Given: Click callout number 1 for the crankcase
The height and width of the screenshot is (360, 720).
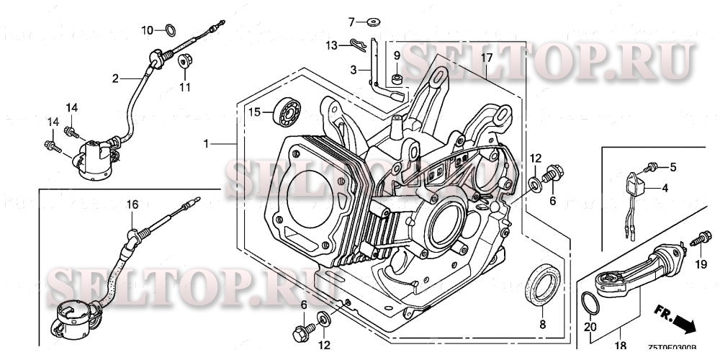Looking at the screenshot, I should [206, 144].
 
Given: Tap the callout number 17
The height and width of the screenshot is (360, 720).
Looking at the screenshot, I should [487, 57].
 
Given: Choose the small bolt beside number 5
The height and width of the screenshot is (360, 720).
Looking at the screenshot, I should [652, 168].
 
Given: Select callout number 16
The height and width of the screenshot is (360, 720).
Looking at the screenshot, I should [132, 204].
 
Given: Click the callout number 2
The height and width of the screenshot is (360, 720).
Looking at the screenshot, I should [114, 79].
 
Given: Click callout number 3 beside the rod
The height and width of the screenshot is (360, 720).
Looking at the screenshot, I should [354, 70].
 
